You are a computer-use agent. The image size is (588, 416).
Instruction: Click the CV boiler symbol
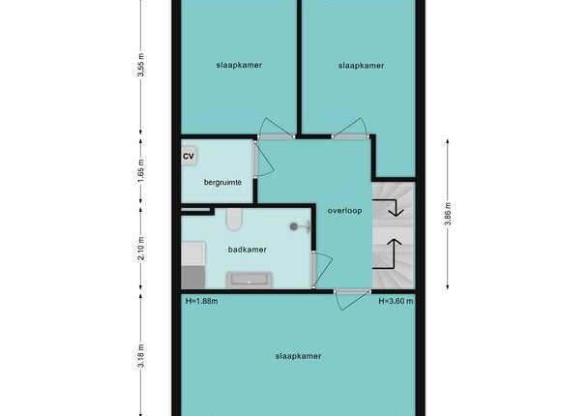click(189, 156)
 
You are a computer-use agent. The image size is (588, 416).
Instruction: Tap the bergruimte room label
click(222, 183)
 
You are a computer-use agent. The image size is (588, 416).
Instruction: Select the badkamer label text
click(248, 250)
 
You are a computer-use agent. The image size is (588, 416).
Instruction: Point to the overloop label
click(344, 211)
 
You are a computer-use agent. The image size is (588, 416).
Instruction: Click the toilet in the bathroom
click(234, 220)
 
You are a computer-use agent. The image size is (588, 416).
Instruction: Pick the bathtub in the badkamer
click(249, 280)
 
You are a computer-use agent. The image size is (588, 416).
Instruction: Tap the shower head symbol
click(300, 226)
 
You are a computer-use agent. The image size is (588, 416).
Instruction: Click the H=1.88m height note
click(202, 301)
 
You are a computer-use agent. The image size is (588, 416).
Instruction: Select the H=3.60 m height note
click(396, 301)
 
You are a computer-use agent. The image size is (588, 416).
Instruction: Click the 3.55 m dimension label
click(140, 65)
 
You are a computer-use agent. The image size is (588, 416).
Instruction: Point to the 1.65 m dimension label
click(140, 170)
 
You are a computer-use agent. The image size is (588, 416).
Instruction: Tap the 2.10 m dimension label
click(140, 249)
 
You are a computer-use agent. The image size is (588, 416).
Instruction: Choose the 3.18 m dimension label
click(140, 356)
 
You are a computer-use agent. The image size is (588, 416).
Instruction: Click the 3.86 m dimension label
click(448, 214)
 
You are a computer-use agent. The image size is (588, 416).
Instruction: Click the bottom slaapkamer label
click(298, 356)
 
